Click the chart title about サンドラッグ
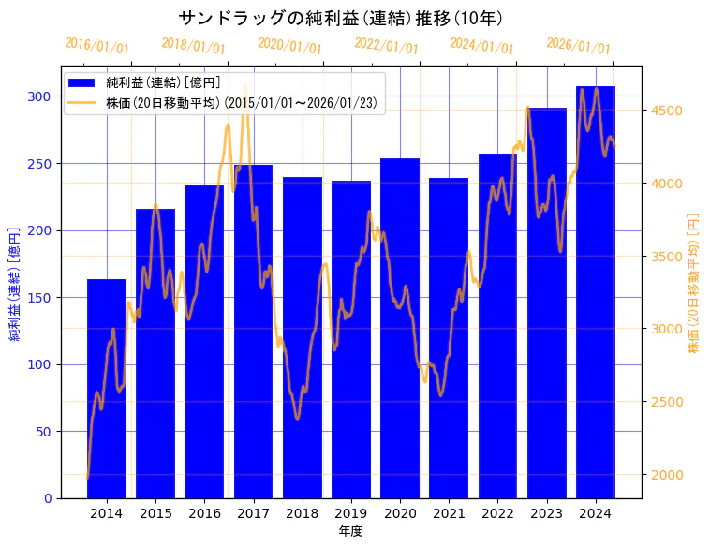[341, 19]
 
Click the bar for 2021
[449, 338]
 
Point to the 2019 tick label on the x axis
[351, 513]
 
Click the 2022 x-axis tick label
[497, 513]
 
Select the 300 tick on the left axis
[39, 96]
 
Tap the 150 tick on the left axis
[39, 298]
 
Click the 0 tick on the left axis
[47, 498]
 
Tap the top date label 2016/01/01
[97, 46]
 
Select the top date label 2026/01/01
[578, 46]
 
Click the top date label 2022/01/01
[386, 46]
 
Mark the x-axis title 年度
[351, 531]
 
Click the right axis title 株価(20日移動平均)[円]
[694, 282]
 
